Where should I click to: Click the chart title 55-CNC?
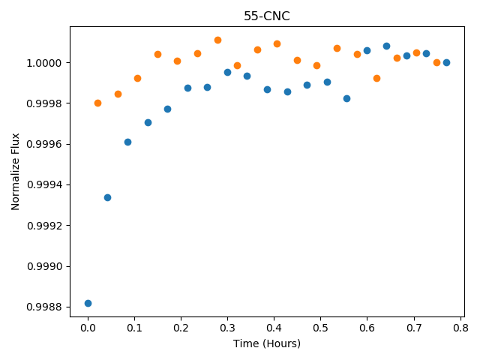(267, 16)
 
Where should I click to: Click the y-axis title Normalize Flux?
(15, 172)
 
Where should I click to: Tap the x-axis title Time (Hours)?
(267, 343)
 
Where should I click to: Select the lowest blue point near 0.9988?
(88, 303)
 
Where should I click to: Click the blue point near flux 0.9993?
(107, 197)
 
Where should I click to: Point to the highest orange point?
(217, 40)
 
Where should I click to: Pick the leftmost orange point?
(97, 103)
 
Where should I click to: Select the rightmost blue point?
(447, 62)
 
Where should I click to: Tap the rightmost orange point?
(436, 62)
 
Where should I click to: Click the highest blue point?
(387, 46)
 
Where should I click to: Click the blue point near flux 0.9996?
(127, 142)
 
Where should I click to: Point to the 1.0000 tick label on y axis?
(44, 63)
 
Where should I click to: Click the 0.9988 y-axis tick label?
(44, 307)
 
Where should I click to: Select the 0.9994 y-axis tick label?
(44, 185)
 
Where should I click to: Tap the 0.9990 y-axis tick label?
(44, 266)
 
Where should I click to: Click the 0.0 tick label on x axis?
(88, 328)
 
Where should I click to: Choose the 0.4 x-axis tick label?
(274, 328)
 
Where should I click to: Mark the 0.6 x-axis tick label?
(367, 328)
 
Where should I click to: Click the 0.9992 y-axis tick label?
(44, 226)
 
